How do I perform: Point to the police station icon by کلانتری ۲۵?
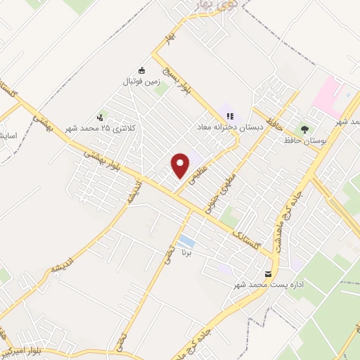pyautogui.click(x=101, y=117)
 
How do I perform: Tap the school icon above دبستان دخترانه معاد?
pyautogui.click(x=229, y=117)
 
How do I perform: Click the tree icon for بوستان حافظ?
pyautogui.click(x=304, y=129)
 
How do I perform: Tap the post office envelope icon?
pyautogui.click(x=267, y=274)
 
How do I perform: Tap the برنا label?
pyautogui.click(x=187, y=251)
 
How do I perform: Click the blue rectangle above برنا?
pyautogui.click(x=186, y=241)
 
